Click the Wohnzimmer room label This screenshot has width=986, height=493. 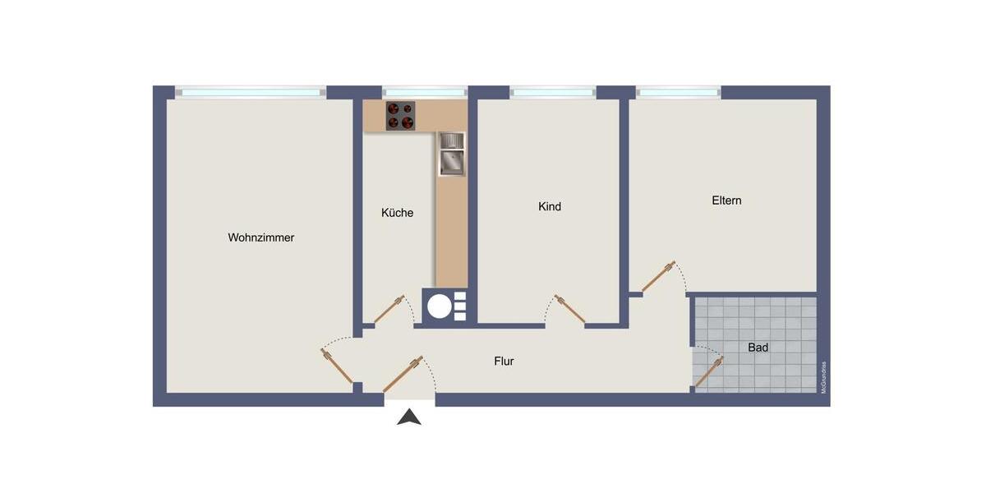point(260,237)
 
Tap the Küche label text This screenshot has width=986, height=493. point(397,213)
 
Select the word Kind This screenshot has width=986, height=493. point(549,206)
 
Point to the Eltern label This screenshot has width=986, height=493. point(726,200)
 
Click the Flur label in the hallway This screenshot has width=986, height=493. point(504,361)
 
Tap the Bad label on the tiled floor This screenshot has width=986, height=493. point(758,348)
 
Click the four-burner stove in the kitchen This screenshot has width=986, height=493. point(402,116)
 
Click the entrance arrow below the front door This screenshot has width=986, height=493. point(409,417)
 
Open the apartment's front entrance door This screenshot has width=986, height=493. point(403,374)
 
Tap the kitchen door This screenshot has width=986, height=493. point(389,309)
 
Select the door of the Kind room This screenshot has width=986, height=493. point(569,308)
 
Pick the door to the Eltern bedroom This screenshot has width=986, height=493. point(658,277)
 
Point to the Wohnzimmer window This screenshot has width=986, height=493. point(250,92)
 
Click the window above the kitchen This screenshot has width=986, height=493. point(424,92)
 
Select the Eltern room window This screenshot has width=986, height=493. point(678,92)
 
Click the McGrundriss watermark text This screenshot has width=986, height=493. point(823,378)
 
